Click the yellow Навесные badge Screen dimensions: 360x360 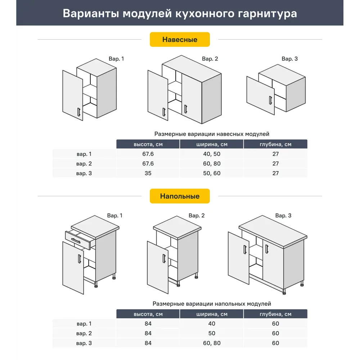pyautogui.click(x=180, y=40)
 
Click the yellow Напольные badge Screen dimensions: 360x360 pyautogui.click(x=180, y=196)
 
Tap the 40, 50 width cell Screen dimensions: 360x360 pyautogui.click(x=212, y=154)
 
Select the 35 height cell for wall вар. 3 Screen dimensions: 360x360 pyautogui.click(x=148, y=173)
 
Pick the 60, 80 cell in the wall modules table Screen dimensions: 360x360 pyautogui.click(x=212, y=163)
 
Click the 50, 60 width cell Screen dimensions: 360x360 pyautogui.click(x=212, y=173)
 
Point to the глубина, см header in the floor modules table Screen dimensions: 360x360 pyautogui.click(x=275, y=314)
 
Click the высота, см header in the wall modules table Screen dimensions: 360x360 pyautogui.click(x=148, y=144)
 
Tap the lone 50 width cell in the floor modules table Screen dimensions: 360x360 pyautogui.click(x=212, y=333)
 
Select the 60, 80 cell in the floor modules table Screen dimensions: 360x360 pyautogui.click(x=212, y=343)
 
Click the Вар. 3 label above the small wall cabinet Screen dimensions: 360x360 pyautogui.click(x=289, y=59)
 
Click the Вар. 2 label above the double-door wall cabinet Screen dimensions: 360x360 pyautogui.click(x=210, y=59)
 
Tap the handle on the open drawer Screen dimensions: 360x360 pyautogui.click(x=76, y=240)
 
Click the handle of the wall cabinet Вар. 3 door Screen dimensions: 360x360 pyautogui.click(x=270, y=100)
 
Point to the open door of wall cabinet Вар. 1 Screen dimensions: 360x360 pyautogui.click(x=72, y=95)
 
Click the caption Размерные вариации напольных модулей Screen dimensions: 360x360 pyautogui.click(x=212, y=304)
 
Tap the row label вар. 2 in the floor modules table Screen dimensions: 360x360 pyautogui.click(x=84, y=333)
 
